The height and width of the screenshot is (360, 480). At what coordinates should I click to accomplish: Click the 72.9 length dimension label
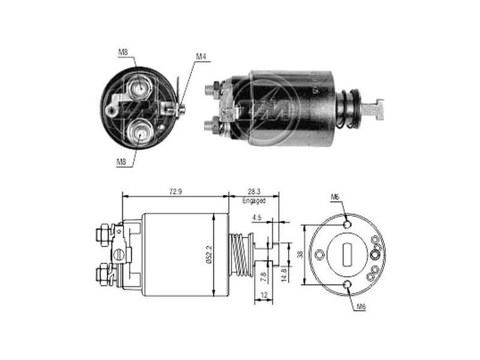176,191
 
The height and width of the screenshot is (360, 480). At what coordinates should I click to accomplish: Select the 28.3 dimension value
254,191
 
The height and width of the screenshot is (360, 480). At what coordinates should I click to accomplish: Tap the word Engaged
254,201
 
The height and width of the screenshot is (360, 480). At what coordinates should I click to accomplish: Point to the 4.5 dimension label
257,218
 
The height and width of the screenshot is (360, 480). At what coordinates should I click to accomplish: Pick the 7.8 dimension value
263,277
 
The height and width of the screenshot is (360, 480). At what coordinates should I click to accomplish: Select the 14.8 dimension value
284,275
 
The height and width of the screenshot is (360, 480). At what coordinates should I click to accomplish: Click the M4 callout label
201,56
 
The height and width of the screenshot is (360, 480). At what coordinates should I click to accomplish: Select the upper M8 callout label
123,52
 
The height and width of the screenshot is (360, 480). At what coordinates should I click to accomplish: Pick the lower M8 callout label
121,162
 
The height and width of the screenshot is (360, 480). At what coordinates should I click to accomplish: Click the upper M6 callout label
335,197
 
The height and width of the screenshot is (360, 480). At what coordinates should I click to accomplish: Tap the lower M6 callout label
361,307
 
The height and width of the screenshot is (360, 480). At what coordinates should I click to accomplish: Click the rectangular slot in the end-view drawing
347,254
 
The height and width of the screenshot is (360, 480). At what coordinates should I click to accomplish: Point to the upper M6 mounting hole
347,224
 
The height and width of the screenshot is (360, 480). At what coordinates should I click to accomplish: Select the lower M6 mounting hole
347,284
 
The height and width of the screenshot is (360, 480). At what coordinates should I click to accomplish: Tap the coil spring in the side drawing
241,254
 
